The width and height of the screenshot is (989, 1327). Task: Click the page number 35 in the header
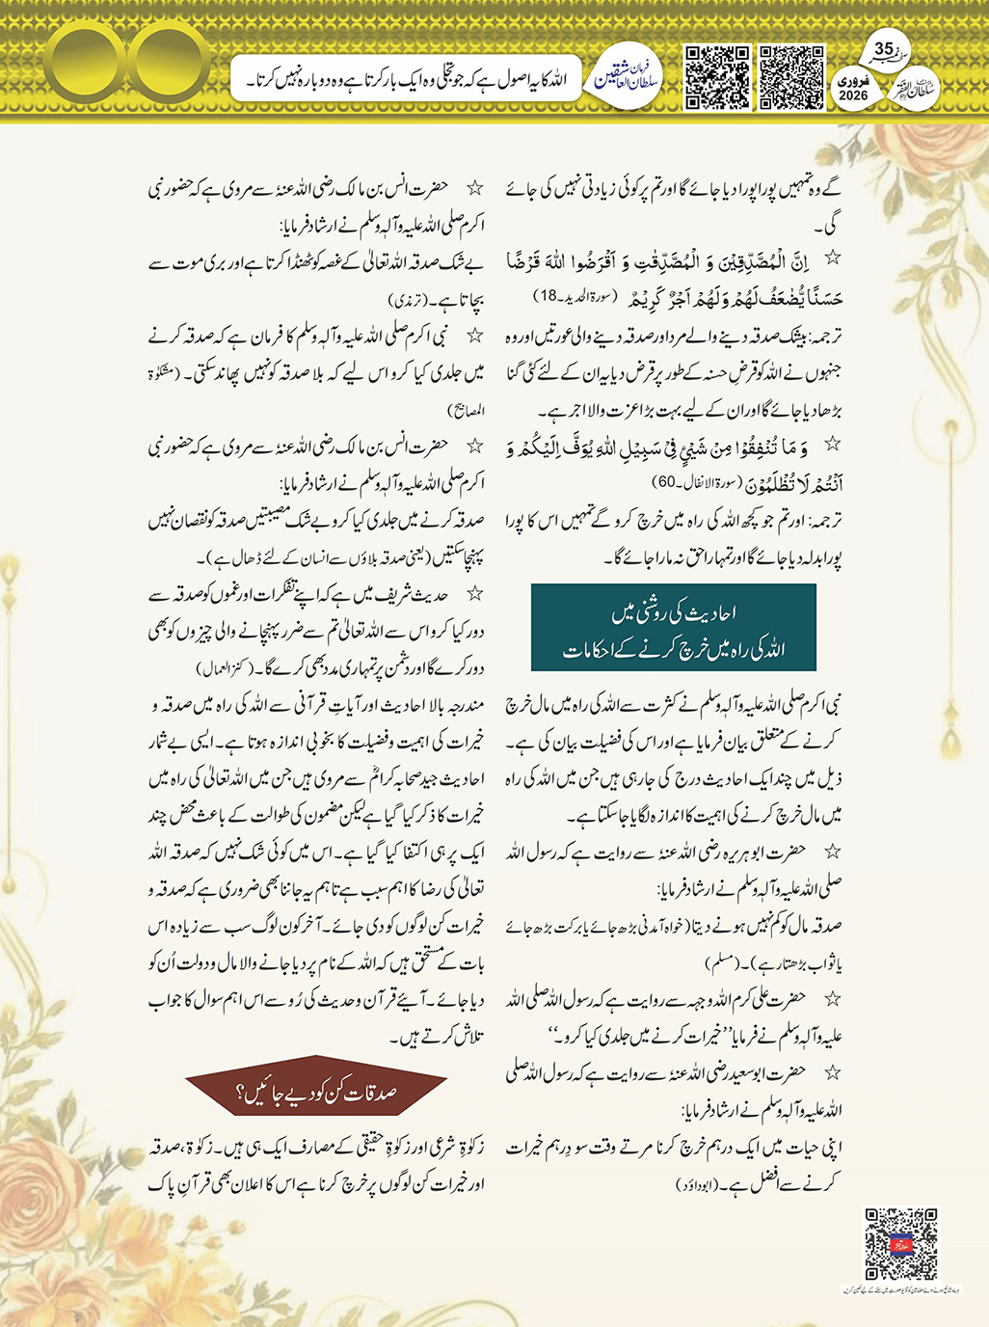[x=884, y=49]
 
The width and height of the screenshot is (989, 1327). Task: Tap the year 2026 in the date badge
[x=853, y=95]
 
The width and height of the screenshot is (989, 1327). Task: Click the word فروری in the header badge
[x=853, y=81]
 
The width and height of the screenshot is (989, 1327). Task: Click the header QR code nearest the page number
[x=791, y=77]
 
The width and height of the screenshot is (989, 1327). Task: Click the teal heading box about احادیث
[x=674, y=628]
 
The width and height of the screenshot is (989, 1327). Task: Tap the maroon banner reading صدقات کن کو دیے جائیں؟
[x=316, y=1093]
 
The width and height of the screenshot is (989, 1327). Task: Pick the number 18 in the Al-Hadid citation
[x=548, y=295]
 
